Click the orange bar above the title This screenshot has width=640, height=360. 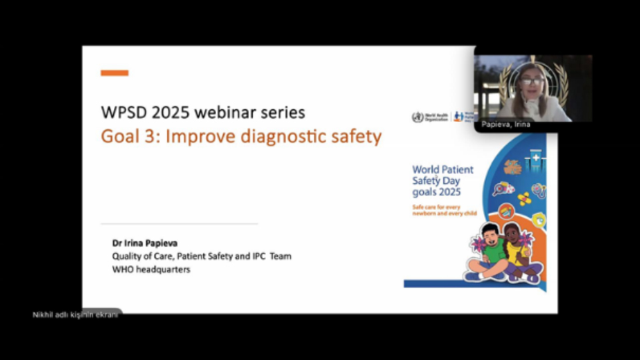[115, 73]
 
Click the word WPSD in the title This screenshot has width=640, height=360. [123, 111]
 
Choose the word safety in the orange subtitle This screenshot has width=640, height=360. [357, 137]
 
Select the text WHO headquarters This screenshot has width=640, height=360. [151, 269]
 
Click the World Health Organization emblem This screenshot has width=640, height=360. [418, 117]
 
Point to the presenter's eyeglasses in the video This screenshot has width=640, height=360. [531, 81]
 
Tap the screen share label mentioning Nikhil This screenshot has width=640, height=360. [75, 315]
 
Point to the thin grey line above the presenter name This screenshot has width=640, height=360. [179, 224]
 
